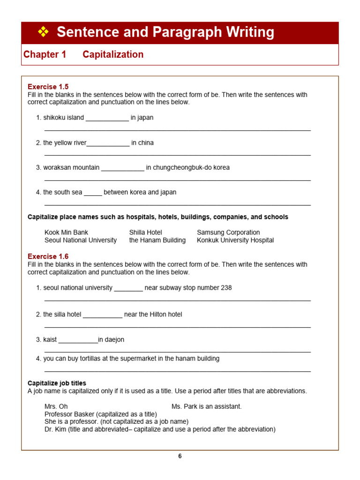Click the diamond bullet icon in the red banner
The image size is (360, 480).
pos(43,32)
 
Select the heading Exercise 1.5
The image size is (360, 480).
pos(48,87)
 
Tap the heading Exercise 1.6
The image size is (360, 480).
pos(48,256)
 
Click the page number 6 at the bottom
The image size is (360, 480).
pos(180,456)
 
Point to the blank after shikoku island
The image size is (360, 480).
pos(107,118)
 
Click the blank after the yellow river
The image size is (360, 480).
pos(108,143)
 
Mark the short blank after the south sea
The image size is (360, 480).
pos(93,193)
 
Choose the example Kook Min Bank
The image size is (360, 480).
pos(66,232)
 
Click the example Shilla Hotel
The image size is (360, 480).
pos(145,232)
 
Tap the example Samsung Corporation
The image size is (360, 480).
pos(228,232)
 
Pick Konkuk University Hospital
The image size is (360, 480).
pos(235,240)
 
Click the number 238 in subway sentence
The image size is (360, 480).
pos(226,288)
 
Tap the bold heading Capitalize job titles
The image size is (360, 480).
pos(57,383)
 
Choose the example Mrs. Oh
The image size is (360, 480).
pos(56,407)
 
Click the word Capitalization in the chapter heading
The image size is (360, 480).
pos(113,54)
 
